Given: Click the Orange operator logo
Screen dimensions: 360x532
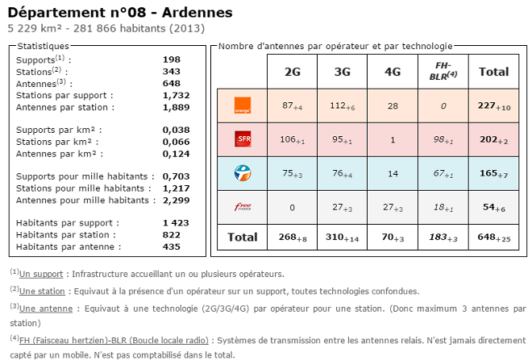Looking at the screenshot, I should tap(242, 106).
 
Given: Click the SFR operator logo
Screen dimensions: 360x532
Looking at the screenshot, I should tap(242, 139).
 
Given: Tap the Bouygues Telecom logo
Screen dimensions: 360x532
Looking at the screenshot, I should tap(242, 172).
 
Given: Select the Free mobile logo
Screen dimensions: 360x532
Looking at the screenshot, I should tap(242, 207).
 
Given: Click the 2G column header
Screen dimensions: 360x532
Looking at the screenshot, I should tap(293, 72).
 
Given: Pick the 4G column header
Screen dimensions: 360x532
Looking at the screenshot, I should tap(393, 72).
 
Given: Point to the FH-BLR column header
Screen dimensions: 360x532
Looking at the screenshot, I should tap(443, 71).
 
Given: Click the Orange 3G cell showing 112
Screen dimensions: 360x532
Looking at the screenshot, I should tap(343, 106).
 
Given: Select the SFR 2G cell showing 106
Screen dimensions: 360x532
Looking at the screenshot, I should tap(292, 139).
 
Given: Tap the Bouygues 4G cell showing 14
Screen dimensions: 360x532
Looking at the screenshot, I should tap(393, 172).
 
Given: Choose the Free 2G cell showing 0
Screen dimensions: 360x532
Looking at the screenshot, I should tap(292, 207).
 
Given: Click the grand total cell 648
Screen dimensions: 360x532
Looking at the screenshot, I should tap(493, 238).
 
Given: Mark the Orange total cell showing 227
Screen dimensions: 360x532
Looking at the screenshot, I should tap(493, 106).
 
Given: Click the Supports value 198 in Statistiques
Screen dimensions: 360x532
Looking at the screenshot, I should tap(171, 60).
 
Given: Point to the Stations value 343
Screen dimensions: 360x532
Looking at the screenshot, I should tap(171, 72).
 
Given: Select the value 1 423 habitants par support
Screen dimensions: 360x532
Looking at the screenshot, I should tap(175, 222).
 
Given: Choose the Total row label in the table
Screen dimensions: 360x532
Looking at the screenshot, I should tap(242, 238).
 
